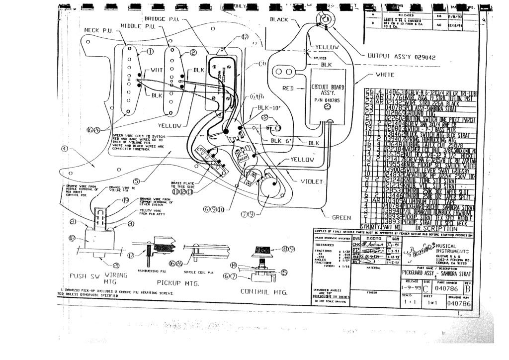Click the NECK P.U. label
coord(99,30)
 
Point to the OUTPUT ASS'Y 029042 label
coord(402,56)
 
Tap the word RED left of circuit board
coord(289,88)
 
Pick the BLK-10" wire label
coord(268,107)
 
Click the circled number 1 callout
coord(150,52)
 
